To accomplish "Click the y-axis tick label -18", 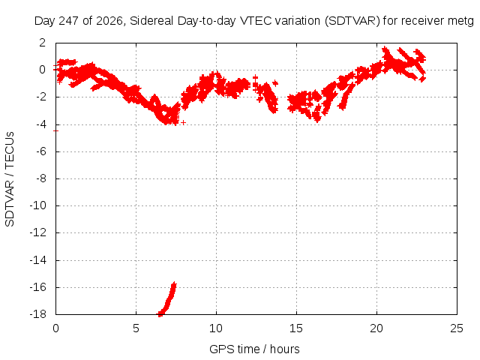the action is coord(38,314).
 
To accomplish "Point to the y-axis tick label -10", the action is coord(38,205).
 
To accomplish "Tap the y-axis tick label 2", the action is coord(42,43).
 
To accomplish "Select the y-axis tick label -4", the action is coord(40,124).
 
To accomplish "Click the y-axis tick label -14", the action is coord(38,260).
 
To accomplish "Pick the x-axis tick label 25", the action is coord(457,328).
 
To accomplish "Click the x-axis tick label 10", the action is coord(216,328).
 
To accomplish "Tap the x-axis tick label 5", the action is coord(136,328).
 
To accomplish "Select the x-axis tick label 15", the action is coord(296,328).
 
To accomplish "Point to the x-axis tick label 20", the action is coord(376,328).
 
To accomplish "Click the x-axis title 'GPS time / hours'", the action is coord(254,349).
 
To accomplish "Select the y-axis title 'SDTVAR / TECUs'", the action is coord(10,179).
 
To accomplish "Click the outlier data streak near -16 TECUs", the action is coord(167,299).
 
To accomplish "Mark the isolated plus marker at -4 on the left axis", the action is coord(55,130).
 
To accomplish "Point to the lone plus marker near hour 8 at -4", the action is coord(183,122).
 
